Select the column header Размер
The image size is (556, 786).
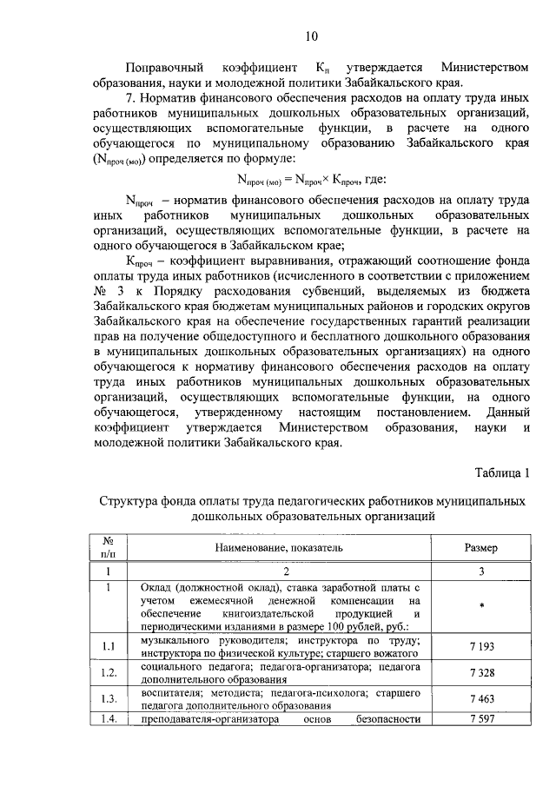[x=480, y=548]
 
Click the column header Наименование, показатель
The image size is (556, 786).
[x=280, y=548]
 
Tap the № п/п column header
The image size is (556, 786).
[x=109, y=548]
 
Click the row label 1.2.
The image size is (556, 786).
[x=109, y=672]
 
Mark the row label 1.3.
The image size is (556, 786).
[x=109, y=698]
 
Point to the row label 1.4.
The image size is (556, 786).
[x=109, y=718]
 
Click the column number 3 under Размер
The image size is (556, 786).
[x=480, y=572]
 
